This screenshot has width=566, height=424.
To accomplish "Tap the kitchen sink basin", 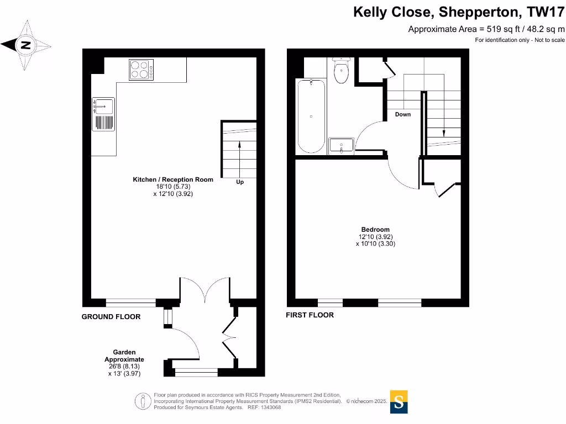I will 104,105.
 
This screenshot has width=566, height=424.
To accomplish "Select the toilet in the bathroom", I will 341,72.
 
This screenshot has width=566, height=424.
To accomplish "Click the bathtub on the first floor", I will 311,116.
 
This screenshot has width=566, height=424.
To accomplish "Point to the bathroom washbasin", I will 340,146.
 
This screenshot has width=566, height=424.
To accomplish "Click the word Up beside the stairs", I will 240,182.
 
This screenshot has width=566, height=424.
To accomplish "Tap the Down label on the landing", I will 403,114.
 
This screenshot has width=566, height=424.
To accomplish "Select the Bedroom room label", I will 375,230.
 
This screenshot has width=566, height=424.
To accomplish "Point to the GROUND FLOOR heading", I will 111,317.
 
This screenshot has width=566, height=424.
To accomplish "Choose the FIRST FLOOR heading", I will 310,315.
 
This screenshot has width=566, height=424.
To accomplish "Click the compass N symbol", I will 25,45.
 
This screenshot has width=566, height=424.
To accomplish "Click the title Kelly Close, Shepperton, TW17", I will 459,12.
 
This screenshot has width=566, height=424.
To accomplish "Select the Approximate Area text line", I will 486,29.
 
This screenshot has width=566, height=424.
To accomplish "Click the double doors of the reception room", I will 205,290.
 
